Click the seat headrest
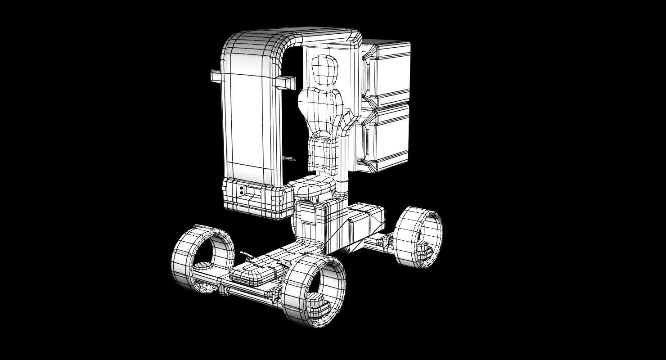click(324, 70)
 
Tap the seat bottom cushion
click(312, 185)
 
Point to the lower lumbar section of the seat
click(323, 153)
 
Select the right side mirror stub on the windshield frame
click(285, 82)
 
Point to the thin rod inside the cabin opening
click(288, 159)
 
